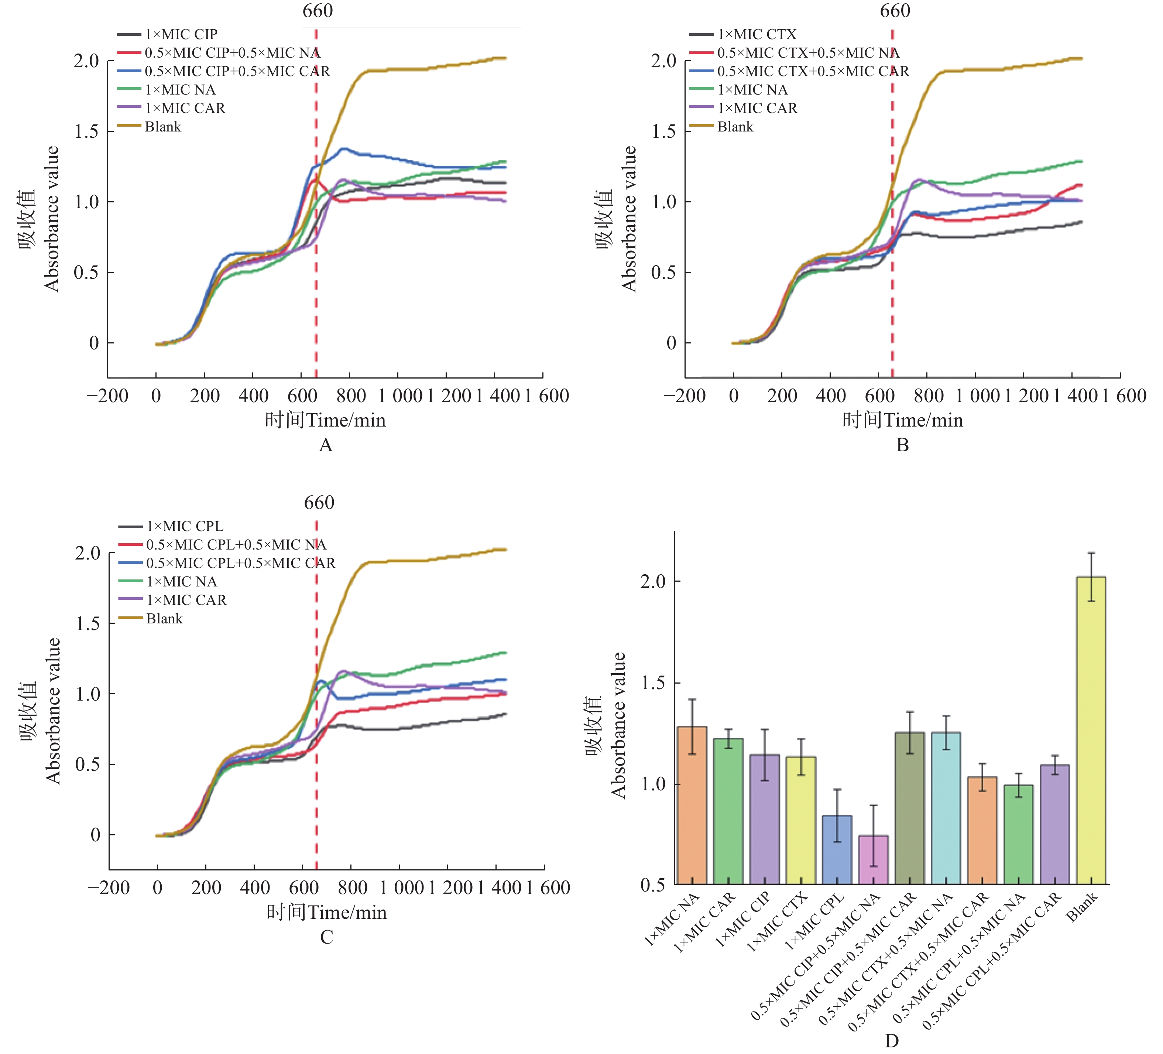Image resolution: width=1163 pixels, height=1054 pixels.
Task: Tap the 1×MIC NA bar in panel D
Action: click(692, 805)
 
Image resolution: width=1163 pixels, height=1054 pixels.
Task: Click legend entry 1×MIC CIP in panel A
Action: click(181, 35)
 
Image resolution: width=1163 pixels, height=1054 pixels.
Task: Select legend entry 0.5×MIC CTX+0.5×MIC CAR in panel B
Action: click(812, 72)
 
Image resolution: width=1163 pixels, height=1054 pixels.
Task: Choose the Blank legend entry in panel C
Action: click(164, 619)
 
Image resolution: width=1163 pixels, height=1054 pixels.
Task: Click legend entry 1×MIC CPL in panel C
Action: click(184, 527)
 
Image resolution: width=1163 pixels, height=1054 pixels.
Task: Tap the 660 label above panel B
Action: click(895, 11)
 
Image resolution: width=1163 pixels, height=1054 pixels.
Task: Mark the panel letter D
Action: click(891, 1041)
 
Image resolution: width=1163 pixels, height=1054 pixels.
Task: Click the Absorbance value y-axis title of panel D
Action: click(618, 725)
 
